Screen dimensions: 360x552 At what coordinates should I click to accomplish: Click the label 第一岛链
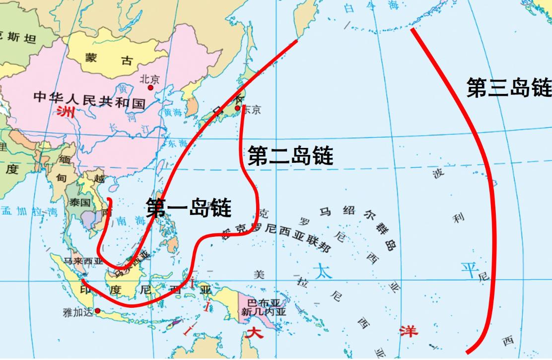(189, 208)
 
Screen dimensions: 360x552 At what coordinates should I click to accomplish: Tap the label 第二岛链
(290, 155)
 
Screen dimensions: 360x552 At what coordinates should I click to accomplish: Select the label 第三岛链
(509, 88)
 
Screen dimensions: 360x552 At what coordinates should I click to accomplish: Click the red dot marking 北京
(150, 87)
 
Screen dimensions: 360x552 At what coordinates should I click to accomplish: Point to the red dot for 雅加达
(97, 311)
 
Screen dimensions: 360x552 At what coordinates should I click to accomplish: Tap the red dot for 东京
(238, 108)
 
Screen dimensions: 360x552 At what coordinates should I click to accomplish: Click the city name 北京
(149, 79)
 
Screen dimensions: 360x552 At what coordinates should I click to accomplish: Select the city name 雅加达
(78, 312)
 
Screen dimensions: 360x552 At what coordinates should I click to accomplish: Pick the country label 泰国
(79, 202)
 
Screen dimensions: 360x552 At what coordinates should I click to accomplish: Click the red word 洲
(65, 111)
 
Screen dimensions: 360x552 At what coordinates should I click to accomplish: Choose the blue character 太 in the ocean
(322, 271)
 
